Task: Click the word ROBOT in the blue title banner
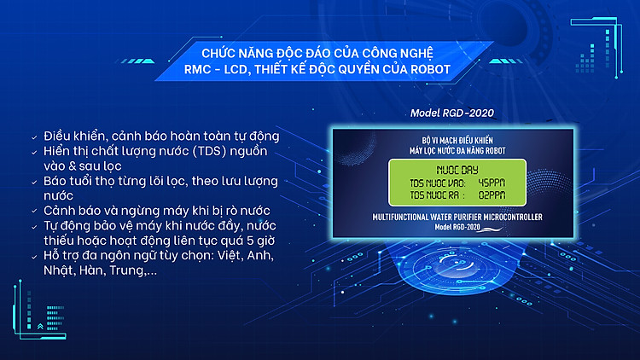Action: coord(430,69)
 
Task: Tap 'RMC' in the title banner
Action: coord(197,69)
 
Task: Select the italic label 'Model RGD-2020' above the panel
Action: coord(451,113)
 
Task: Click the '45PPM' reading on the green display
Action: coord(492,183)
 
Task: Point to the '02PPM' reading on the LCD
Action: coord(492,195)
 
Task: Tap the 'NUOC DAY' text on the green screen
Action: coord(457,170)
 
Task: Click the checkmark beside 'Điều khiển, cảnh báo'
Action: coord(34,137)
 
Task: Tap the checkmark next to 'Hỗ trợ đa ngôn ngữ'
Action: coord(34,257)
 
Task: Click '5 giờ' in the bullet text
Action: coord(261,241)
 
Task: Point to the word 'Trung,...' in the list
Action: coord(133,270)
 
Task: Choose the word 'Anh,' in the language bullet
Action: coord(260,256)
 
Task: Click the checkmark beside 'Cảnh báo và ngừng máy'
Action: coord(34,212)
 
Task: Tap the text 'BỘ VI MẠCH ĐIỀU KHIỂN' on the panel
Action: coord(457,141)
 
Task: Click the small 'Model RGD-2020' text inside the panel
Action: coord(457,227)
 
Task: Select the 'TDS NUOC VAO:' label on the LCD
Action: coord(438,183)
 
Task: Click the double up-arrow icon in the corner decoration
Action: coord(40,326)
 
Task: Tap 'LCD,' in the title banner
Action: coord(236,70)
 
